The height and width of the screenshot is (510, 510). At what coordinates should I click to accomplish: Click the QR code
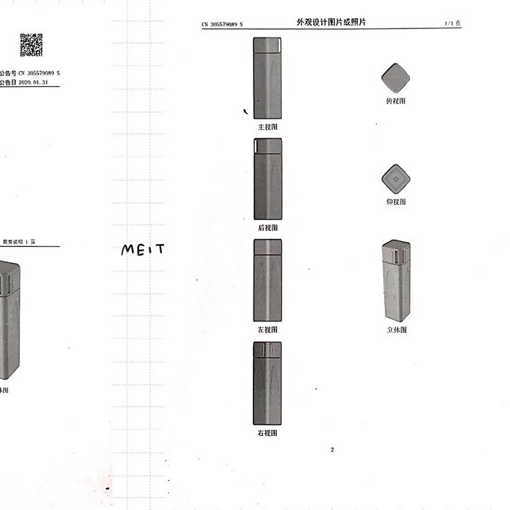tap(31, 45)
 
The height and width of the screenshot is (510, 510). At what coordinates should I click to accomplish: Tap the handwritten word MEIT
tap(143, 249)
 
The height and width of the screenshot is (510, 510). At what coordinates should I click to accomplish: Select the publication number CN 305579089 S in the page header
tap(222, 25)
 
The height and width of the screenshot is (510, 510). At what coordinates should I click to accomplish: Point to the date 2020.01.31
tap(36, 84)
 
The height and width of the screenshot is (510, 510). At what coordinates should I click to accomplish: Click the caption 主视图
tap(267, 127)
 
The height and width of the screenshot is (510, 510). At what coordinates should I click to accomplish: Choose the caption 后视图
tap(267, 227)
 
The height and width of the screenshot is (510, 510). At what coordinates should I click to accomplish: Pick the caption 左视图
tap(267, 329)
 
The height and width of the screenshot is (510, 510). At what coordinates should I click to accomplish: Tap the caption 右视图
tap(267, 433)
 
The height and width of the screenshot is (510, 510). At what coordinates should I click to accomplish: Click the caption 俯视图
tap(396, 101)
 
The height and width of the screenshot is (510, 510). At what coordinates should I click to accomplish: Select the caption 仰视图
tap(396, 202)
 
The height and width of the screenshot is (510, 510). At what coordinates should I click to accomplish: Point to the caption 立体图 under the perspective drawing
tap(396, 330)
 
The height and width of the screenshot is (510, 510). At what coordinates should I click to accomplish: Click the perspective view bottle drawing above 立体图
tap(396, 280)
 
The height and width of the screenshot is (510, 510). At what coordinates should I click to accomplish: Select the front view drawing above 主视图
tap(267, 77)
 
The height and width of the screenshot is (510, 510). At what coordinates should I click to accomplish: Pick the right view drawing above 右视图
tap(267, 383)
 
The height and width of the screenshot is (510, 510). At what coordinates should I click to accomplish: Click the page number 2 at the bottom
tap(332, 450)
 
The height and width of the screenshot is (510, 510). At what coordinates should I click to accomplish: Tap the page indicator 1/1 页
tap(452, 25)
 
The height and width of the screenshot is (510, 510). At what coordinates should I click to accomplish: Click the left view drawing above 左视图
tap(267, 280)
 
